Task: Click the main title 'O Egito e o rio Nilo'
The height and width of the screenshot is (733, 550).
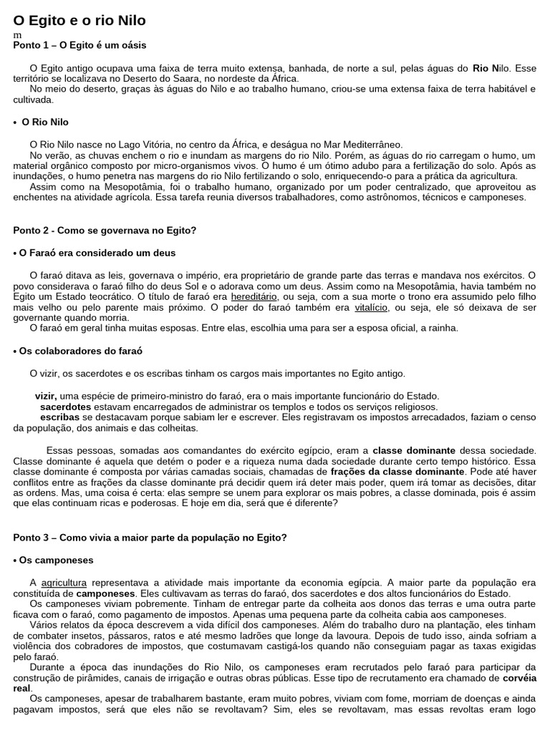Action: click(x=79, y=21)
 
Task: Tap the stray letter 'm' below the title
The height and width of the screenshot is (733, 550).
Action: click(x=17, y=35)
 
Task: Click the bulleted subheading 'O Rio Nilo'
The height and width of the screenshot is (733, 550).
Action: click(x=45, y=122)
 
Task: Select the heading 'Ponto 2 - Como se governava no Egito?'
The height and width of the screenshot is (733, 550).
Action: click(x=105, y=230)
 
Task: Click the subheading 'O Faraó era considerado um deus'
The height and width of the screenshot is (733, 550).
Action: click(x=97, y=253)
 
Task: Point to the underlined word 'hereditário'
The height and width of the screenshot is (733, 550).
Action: click(x=254, y=296)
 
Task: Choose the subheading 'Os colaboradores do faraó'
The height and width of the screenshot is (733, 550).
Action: click(x=80, y=351)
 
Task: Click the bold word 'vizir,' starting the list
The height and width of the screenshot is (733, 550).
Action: click(x=47, y=396)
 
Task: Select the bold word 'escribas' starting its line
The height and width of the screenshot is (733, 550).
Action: click(x=60, y=417)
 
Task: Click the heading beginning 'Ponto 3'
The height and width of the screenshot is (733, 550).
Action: click(x=150, y=537)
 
